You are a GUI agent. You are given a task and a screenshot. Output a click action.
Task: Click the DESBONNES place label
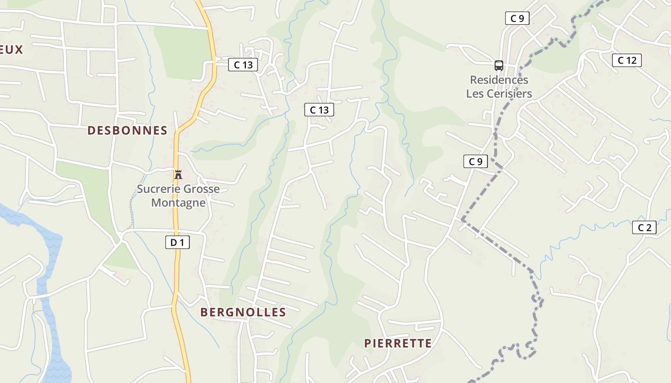127,130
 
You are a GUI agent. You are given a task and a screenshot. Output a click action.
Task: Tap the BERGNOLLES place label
243,312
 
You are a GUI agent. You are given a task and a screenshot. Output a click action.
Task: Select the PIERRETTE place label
398,343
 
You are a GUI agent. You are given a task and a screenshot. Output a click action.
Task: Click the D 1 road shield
177,243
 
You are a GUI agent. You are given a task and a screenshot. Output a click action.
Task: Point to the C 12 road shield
627,60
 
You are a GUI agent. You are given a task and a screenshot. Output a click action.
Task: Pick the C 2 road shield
644,227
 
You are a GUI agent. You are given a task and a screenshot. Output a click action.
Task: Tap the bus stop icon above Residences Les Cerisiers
499,65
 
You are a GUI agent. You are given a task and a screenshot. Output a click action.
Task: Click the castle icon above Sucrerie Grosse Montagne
178,174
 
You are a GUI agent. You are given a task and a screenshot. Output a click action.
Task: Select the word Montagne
178,203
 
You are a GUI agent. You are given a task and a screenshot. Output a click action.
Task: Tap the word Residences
499,80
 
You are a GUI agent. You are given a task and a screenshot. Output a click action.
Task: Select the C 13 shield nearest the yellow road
243,65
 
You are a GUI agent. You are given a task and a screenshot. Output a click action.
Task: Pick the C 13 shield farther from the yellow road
319,110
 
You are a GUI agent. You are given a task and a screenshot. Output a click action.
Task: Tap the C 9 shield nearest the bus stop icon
517,19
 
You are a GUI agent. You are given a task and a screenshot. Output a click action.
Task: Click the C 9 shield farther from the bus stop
475,161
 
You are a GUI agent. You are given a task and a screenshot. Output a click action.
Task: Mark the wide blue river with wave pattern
48,268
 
